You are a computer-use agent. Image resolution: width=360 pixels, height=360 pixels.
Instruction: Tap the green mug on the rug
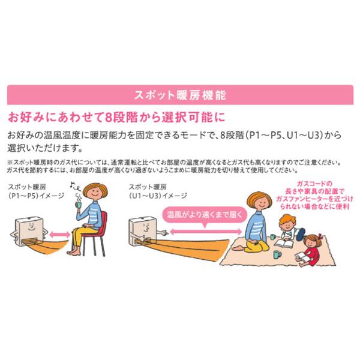pyautogui.click(x=276, y=254)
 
